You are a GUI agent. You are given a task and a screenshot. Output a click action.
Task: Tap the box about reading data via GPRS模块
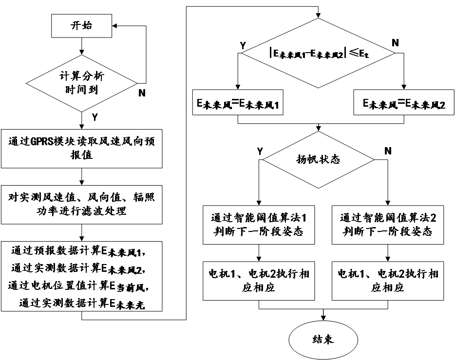point(81,148)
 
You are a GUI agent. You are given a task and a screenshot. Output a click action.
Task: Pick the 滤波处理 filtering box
point(81,205)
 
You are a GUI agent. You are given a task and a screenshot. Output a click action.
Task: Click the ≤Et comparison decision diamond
point(319,53)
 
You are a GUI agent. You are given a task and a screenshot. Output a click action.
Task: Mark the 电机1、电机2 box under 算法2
point(388,281)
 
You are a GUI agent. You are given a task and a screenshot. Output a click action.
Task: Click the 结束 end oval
point(323,340)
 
